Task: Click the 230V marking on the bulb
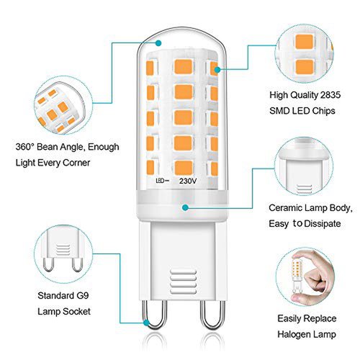click(x=188, y=181)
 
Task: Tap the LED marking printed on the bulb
click(x=160, y=181)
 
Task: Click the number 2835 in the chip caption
click(x=330, y=95)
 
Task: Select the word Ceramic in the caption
click(x=285, y=208)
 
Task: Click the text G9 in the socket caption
click(x=83, y=295)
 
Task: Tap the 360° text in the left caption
click(x=25, y=147)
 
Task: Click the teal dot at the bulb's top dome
click(x=158, y=43)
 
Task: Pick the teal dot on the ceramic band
click(x=185, y=207)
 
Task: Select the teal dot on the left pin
click(x=146, y=323)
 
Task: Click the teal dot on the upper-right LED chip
click(x=217, y=70)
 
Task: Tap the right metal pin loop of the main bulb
click(x=213, y=315)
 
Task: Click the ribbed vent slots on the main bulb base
click(x=183, y=282)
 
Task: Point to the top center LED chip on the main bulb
click(x=184, y=67)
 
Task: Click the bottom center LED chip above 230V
click(x=184, y=168)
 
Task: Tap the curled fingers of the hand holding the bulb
click(x=315, y=279)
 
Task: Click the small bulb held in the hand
click(x=297, y=276)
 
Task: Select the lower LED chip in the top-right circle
click(x=305, y=67)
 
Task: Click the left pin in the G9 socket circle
click(x=48, y=264)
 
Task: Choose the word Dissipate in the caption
click(x=323, y=224)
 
